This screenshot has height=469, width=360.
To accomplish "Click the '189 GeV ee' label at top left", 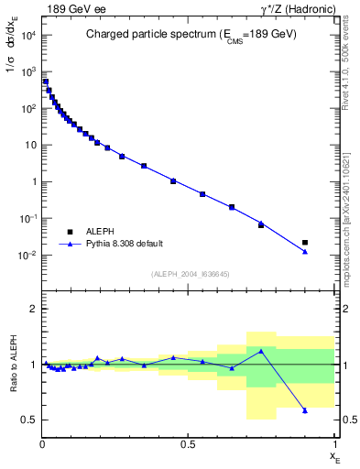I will pyautogui.click(x=68, y=9).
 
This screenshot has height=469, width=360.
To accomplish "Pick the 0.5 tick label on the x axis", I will pyautogui.click(x=188, y=444).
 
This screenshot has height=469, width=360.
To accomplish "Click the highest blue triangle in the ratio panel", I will pyautogui.click(x=261, y=351).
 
